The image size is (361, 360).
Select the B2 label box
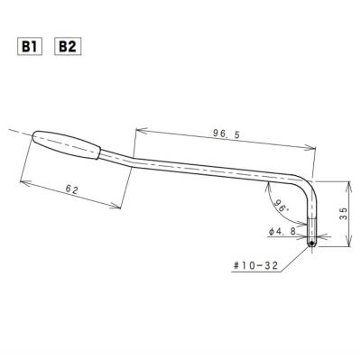click(x=67, y=45)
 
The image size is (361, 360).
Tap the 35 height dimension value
click(x=342, y=213)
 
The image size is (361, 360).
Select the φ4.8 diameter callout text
click(x=282, y=232)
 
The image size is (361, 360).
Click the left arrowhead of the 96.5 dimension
click(x=139, y=129)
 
